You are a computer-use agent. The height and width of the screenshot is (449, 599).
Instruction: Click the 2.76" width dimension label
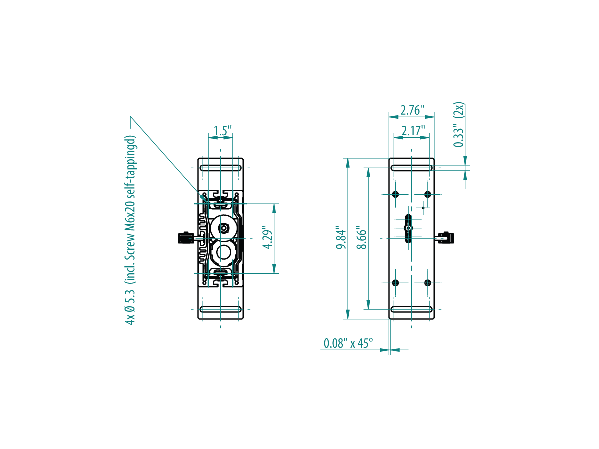(x=412, y=110)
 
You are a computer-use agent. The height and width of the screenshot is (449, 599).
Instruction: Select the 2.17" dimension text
(x=413, y=131)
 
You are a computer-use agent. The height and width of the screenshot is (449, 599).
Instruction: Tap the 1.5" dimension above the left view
(x=223, y=131)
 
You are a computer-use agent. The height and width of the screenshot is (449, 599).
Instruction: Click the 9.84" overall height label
(x=341, y=237)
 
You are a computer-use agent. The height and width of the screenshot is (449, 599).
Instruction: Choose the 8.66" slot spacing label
(x=362, y=237)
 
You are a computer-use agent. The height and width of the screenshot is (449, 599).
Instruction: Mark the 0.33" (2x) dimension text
(x=458, y=125)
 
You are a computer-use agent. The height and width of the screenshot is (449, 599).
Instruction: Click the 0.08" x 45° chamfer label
(x=348, y=343)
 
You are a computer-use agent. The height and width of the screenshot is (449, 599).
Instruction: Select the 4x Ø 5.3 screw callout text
(x=130, y=230)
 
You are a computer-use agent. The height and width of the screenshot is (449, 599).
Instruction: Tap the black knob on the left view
(x=186, y=238)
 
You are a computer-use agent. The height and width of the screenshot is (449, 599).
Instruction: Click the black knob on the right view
(x=446, y=238)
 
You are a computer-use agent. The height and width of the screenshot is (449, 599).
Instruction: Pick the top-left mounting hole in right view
(x=395, y=194)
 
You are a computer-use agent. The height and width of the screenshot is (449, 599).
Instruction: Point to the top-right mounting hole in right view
(x=428, y=194)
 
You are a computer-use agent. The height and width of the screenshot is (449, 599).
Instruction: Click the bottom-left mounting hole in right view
(x=395, y=283)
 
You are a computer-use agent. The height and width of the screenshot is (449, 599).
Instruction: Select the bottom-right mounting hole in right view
(x=428, y=283)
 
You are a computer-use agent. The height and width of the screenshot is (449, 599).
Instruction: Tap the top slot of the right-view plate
(x=411, y=168)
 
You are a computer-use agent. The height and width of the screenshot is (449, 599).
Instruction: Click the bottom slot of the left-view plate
(x=221, y=309)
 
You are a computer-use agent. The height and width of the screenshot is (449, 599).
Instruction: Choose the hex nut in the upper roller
(x=224, y=227)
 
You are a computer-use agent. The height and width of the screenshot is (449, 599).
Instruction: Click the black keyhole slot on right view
(x=408, y=228)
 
